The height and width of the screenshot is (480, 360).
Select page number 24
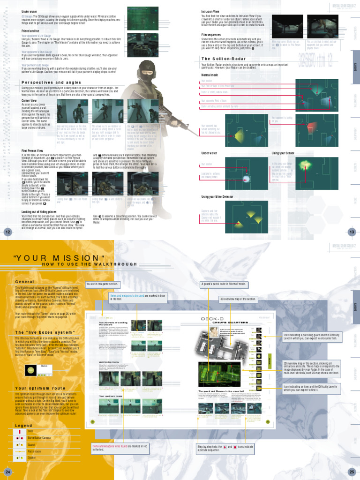[7, 471]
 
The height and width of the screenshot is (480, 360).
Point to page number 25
[352, 471]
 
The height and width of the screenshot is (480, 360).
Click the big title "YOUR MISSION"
[59, 258]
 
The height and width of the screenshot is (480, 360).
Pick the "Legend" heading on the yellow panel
[23, 425]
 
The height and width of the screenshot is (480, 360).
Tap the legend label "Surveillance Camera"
[39, 437]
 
